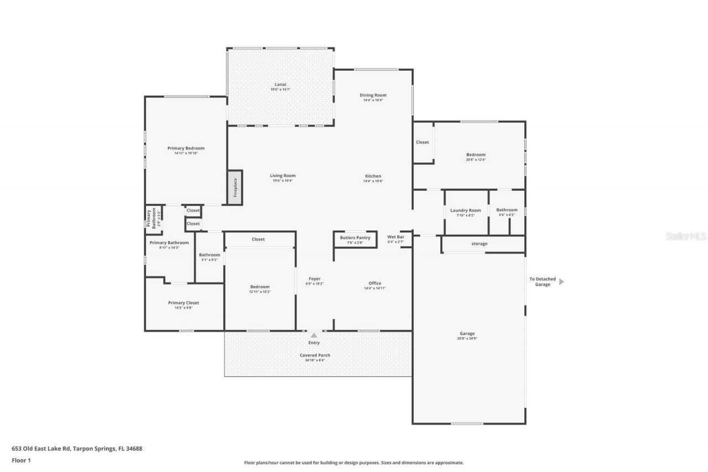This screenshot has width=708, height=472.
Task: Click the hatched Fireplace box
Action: click(x=235, y=187)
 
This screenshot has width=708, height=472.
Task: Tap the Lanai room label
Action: click(x=280, y=84)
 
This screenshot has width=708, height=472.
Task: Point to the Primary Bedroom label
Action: click(x=186, y=148)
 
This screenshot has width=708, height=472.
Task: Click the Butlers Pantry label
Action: click(x=355, y=237)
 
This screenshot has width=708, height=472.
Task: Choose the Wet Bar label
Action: click(x=395, y=237)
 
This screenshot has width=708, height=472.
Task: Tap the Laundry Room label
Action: click(x=465, y=210)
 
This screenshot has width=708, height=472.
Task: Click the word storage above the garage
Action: click(x=479, y=243)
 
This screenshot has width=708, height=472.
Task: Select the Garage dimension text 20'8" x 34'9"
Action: click(x=467, y=338)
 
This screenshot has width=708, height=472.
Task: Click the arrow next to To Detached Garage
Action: click(x=561, y=282)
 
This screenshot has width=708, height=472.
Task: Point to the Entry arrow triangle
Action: click(x=314, y=335)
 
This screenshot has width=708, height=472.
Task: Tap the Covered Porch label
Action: click(x=315, y=355)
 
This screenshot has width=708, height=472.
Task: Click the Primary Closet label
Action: click(x=183, y=303)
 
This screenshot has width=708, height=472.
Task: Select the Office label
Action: click(x=374, y=283)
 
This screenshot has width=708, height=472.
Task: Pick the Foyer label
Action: click(x=314, y=279)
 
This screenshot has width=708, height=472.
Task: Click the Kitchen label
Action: click(x=373, y=176)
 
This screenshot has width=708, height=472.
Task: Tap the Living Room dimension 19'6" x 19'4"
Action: click(x=283, y=181)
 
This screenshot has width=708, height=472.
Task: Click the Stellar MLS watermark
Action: click(x=686, y=236)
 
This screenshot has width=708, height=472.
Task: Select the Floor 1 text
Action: click(x=21, y=460)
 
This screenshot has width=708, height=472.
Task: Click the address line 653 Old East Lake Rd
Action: click(x=77, y=449)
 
